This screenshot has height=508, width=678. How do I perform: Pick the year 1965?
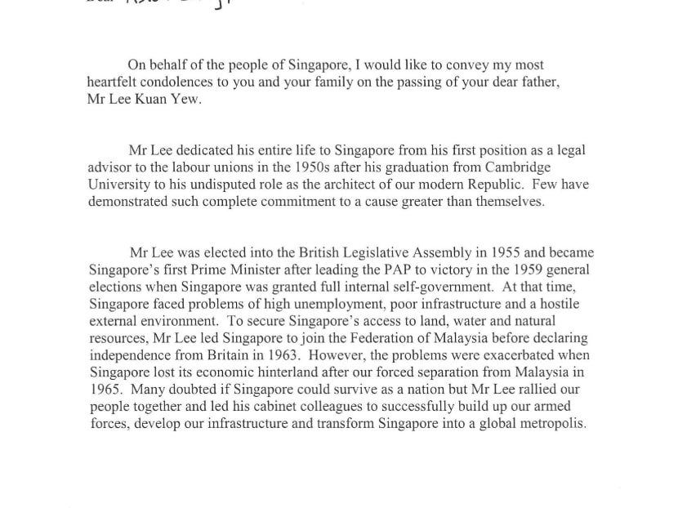(x=106, y=390)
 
